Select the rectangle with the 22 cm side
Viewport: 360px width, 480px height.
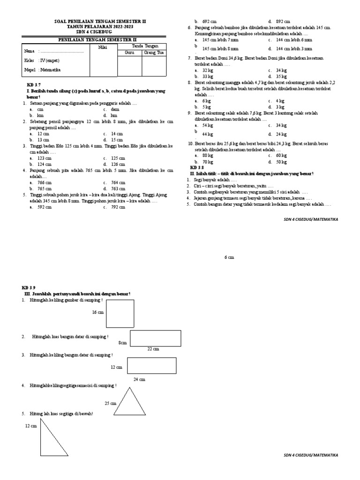coord(156,338)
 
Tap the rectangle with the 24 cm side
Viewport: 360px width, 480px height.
coord(151,365)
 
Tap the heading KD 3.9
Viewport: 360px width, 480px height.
coord(28,287)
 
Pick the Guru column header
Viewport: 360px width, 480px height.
coord(129,53)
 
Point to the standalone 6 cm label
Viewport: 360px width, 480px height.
coord(228,258)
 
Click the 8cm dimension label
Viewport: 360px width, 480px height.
coord(123,343)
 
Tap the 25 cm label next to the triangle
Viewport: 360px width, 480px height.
coord(110,403)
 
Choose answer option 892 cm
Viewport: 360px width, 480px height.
coord(283,22)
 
